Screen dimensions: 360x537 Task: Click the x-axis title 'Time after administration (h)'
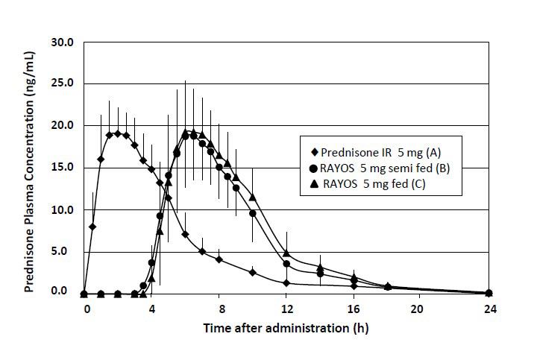[286, 327]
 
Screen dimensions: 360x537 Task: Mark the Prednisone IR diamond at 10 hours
[253, 273]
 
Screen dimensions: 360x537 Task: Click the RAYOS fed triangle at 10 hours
[253, 198]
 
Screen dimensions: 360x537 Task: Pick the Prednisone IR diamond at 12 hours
[286, 283]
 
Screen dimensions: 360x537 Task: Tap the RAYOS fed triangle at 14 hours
[320, 268]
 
